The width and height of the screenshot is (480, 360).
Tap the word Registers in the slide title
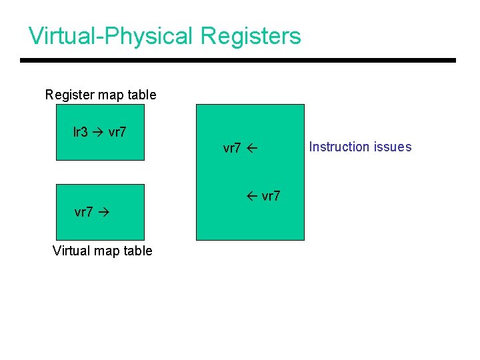coord(251,36)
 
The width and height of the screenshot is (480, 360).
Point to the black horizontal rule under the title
coord(238,61)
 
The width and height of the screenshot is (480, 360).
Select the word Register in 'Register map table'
coord(69,95)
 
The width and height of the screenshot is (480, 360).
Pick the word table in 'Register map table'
coord(142,95)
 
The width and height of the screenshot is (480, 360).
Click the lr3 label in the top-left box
coord(80,132)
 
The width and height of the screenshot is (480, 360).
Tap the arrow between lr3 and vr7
coord(97,132)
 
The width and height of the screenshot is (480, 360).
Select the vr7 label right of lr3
coord(117,132)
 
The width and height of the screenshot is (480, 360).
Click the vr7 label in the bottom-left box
coord(83,213)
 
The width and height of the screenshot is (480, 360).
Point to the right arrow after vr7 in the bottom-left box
coord(103,213)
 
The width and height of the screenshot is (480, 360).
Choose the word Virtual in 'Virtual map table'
coord(72,251)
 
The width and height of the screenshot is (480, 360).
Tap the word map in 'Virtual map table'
coord(108,251)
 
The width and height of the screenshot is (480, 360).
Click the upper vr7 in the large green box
coord(232,148)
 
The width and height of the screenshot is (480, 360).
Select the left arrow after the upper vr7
coord(251,148)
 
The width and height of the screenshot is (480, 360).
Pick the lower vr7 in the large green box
coord(271,196)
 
